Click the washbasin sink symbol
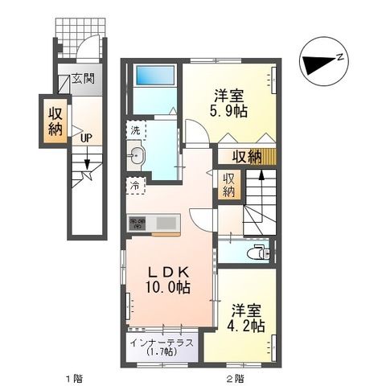[x=136, y=156]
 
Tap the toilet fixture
[x=256, y=252]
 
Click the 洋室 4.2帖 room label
[x=246, y=316]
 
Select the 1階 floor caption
[x=75, y=376]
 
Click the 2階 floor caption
[x=233, y=376]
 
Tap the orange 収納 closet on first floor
[x=54, y=121]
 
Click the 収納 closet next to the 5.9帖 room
[x=248, y=156]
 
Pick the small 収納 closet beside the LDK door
[x=228, y=184]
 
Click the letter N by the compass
[x=340, y=55]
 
